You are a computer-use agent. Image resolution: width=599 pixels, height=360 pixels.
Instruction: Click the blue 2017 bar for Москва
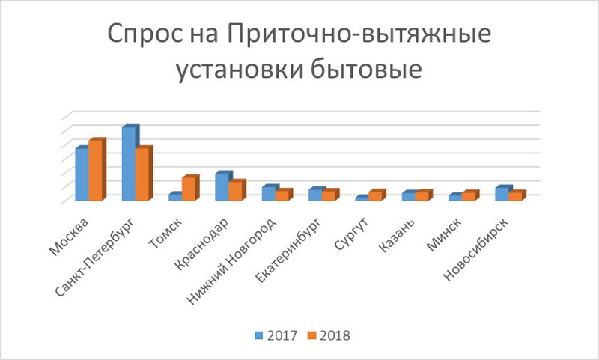click(x=82, y=174)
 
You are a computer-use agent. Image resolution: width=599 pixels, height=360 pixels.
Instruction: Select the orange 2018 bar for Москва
click(x=95, y=171)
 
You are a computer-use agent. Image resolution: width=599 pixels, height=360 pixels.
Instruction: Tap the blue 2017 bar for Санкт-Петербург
click(x=128, y=164)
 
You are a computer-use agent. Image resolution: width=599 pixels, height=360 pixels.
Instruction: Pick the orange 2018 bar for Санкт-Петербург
click(x=142, y=174)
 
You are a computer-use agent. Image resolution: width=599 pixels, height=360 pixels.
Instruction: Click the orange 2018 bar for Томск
click(x=188, y=189)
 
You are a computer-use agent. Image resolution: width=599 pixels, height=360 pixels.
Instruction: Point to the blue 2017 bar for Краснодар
click(x=221, y=187)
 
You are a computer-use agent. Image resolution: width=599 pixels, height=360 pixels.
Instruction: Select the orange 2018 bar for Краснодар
click(x=234, y=192)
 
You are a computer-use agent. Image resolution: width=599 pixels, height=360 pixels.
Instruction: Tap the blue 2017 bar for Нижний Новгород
click(x=267, y=193)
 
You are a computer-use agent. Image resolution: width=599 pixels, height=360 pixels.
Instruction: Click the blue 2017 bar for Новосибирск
click(x=499, y=194)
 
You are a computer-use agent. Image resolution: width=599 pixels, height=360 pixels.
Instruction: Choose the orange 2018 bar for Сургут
click(x=374, y=196)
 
